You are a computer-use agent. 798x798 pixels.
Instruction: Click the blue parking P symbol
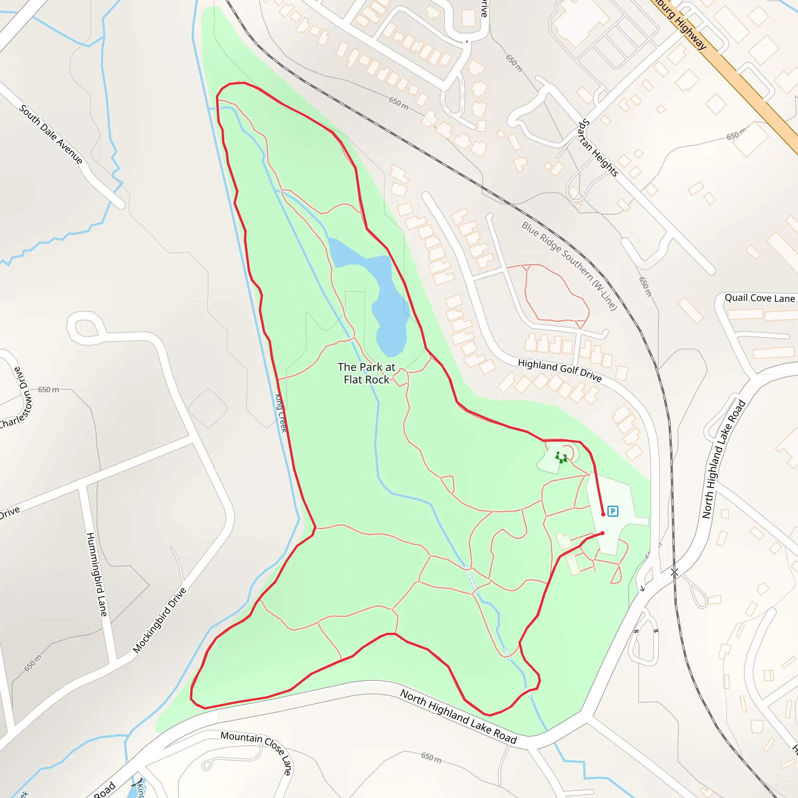(x=613, y=511)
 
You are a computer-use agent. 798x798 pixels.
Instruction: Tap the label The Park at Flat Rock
(x=366, y=373)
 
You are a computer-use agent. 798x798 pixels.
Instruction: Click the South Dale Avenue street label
(x=51, y=134)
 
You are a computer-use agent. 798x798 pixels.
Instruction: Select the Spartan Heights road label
(x=598, y=147)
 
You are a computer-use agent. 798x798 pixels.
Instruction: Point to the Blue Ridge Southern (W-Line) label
(x=569, y=266)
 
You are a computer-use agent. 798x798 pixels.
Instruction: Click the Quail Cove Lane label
(x=759, y=298)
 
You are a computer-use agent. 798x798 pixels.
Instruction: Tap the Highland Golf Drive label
(x=560, y=370)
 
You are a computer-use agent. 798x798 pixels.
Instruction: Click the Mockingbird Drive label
(x=160, y=620)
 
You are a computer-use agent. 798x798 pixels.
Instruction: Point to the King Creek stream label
(x=281, y=413)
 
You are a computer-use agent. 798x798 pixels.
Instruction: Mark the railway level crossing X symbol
(x=674, y=572)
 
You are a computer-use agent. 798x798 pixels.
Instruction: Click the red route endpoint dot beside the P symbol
(x=603, y=514)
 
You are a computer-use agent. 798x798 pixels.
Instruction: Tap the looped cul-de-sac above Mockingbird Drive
(x=85, y=327)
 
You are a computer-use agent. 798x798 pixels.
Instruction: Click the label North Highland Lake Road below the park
(x=459, y=716)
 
